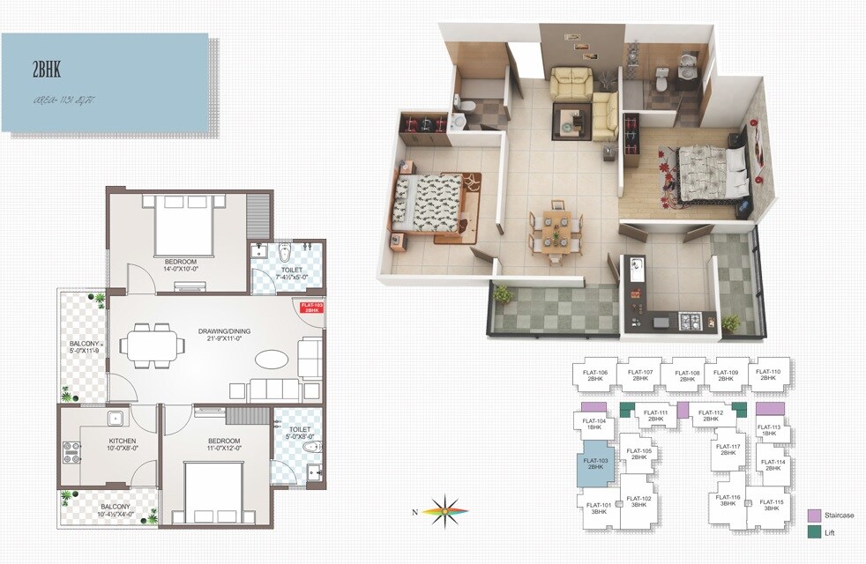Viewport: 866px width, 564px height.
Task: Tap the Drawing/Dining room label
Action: pos(224,331)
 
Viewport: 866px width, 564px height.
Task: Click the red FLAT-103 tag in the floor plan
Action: pos(312,308)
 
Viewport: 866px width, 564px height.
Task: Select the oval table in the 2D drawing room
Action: pos(272,361)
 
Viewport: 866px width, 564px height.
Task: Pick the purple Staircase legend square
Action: pos(815,516)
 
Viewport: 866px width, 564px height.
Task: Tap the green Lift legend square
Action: pos(815,533)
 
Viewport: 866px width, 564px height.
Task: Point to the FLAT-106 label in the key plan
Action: pos(595,375)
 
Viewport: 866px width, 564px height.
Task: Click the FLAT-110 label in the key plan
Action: pos(768,375)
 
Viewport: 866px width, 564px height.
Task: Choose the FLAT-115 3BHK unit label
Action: pos(771,505)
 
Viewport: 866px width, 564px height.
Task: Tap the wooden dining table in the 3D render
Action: pos(554,230)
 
